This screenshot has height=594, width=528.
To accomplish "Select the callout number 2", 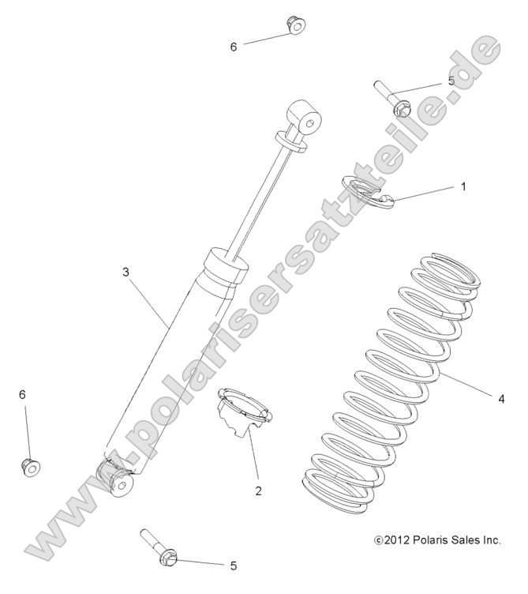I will click(258, 491).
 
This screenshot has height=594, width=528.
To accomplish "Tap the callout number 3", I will click(126, 271).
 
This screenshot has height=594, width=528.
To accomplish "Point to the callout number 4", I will click(500, 398).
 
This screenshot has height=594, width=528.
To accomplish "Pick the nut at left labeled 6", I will click(30, 466).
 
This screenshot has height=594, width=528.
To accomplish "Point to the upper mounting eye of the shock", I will click(307, 119).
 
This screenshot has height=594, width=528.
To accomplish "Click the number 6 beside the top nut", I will click(234, 47).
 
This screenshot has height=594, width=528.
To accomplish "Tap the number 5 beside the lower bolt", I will click(234, 566).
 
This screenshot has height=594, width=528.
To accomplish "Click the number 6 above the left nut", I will click(22, 394).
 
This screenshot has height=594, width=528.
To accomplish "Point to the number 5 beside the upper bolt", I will click(451, 81).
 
